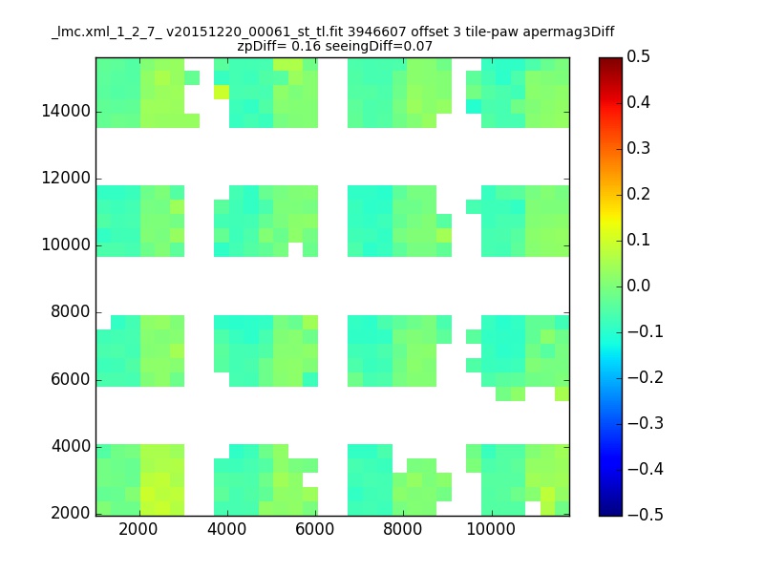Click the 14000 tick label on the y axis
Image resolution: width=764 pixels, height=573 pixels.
coord(66,111)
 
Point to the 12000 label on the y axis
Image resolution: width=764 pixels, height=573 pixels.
coord(66,178)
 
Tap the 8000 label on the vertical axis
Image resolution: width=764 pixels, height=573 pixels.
coord(70,312)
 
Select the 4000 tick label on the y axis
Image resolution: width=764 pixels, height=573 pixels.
coord(70,446)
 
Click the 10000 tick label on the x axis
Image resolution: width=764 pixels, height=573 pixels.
coord(491,529)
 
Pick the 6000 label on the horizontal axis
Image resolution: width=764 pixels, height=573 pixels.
coord(315,529)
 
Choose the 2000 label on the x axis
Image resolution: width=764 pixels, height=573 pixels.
coord(138,529)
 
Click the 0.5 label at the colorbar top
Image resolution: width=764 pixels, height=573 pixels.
coord(638,56)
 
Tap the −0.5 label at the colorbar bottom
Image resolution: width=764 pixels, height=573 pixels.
coord(646,515)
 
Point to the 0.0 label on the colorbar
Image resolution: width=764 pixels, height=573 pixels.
coord(638,286)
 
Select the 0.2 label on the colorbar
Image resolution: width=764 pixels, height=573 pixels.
coord(638,194)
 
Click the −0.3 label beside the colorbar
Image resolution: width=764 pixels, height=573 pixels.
coord(646,423)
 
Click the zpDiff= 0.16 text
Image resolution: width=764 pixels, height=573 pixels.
coord(279,47)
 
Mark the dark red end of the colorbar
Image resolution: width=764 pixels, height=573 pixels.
coord(610,60)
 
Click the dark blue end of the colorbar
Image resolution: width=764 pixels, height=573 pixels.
coord(610,513)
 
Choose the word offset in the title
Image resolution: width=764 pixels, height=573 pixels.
coord(429,32)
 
